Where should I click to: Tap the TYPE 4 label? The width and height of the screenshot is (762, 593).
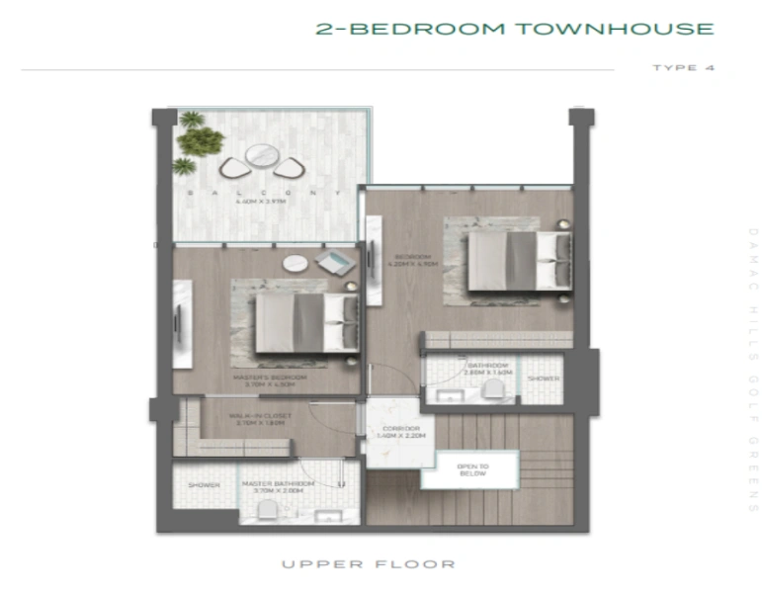click(x=682, y=68)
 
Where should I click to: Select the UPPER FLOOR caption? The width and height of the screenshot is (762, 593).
click(x=369, y=564)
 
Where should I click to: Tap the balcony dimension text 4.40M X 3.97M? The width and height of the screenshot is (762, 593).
click(x=260, y=202)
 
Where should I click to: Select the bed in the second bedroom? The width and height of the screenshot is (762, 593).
click(x=511, y=259)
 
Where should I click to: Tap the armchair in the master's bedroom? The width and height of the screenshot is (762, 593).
click(x=332, y=262)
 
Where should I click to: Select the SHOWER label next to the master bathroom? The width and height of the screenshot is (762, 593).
click(x=205, y=485)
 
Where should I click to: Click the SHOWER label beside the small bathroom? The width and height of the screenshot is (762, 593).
click(x=543, y=379)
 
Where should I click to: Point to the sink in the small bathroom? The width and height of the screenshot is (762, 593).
click(x=450, y=396)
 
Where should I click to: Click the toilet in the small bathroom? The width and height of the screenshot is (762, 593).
click(x=494, y=392)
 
